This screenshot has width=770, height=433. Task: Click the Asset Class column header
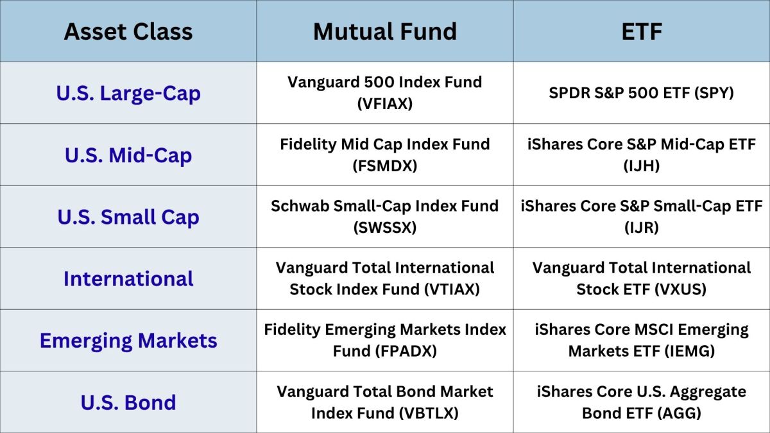tap(128, 31)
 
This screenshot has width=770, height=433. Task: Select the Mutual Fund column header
tap(385, 31)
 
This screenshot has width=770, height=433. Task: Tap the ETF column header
tap(642, 31)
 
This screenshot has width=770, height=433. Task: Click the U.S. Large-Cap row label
tap(128, 94)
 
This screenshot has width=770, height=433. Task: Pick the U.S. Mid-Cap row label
tap(128, 155)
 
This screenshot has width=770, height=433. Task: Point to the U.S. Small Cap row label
tap(128, 217)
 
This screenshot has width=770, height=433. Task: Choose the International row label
tap(128, 278)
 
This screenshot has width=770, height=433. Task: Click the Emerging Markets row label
tap(128, 341)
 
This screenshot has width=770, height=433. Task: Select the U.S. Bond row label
tap(128, 402)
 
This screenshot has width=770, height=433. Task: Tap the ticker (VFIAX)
tap(385, 104)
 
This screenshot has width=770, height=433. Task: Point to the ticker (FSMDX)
tap(385, 166)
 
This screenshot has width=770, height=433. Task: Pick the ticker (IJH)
tap(642, 166)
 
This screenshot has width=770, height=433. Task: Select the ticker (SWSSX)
tap(385, 228)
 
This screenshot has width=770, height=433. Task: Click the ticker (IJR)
tap(642, 228)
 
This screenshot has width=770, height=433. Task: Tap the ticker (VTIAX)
tap(452, 289)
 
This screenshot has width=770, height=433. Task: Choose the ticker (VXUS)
tap(680, 289)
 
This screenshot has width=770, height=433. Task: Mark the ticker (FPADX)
tap(406, 352)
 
